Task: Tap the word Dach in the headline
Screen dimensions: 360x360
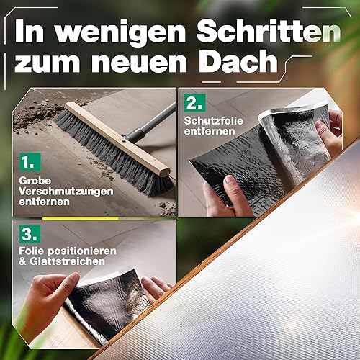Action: [x=238, y=61]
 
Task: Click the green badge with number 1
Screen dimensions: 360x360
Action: [x=30, y=161]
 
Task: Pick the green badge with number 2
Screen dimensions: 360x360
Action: [x=195, y=103]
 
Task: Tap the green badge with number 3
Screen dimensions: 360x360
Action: [x=30, y=234]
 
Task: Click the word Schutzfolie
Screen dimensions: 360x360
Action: [x=214, y=121]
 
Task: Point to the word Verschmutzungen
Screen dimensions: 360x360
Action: [x=66, y=192]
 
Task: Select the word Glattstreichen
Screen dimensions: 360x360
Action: [x=68, y=261]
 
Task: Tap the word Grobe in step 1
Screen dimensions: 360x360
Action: [x=35, y=181]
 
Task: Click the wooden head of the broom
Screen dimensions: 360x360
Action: [x=117, y=139]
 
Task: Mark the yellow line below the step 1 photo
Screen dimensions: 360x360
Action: [x=81, y=218]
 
